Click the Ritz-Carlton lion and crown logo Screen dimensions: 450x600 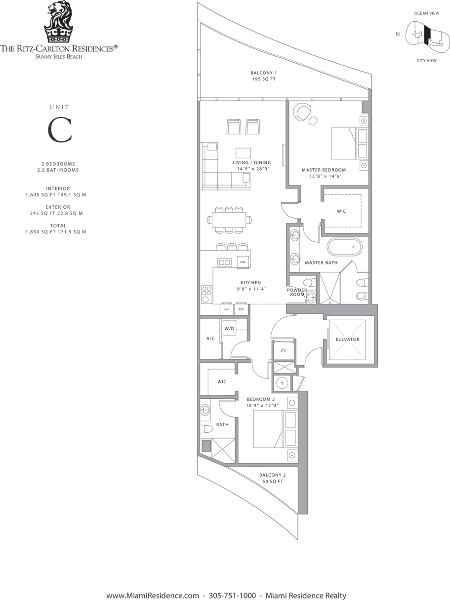pyautogui.click(x=59, y=22)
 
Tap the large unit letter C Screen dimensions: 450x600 pyautogui.click(x=60, y=130)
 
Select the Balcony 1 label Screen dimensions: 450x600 pyautogui.click(x=264, y=76)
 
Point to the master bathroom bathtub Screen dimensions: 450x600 pyautogui.click(x=344, y=247)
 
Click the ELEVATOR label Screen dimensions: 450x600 pyautogui.click(x=348, y=339)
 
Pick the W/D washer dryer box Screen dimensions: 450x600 pyautogui.click(x=229, y=328)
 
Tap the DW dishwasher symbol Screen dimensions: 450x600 pyautogui.click(x=243, y=262)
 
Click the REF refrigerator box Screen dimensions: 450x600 pyautogui.click(x=241, y=309)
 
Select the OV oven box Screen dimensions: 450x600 pyautogui.click(x=227, y=309)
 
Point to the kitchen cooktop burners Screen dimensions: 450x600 pyautogui.click(x=206, y=294)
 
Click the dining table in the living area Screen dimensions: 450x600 pyautogui.click(x=229, y=220)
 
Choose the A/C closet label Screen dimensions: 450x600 pyautogui.click(x=210, y=338)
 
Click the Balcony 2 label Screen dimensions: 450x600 pyautogui.click(x=273, y=478)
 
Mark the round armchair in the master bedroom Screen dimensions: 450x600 pyautogui.click(x=302, y=111)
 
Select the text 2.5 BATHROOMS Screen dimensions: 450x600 pyautogui.click(x=58, y=170)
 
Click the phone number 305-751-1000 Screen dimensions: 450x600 pyautogui.click(x=232, y=588)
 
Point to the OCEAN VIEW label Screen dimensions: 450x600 pyautogui.click(x=426, y=13)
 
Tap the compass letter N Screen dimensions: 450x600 pyautogui.click(x=398, y=34)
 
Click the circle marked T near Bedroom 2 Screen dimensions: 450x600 pyautogui.click(x=282, y=383)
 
